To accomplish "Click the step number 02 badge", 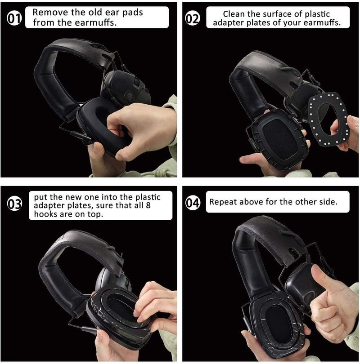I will (192, 19).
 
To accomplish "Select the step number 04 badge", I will (192, 203).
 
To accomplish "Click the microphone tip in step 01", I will (89, 140).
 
